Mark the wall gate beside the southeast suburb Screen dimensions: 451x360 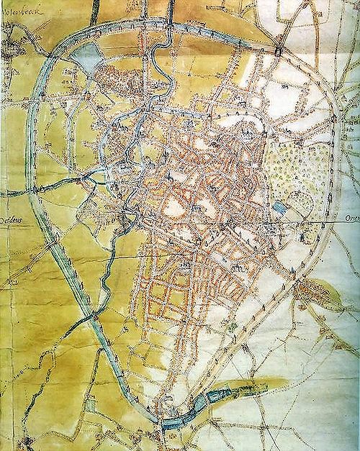[x=294, y=271]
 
